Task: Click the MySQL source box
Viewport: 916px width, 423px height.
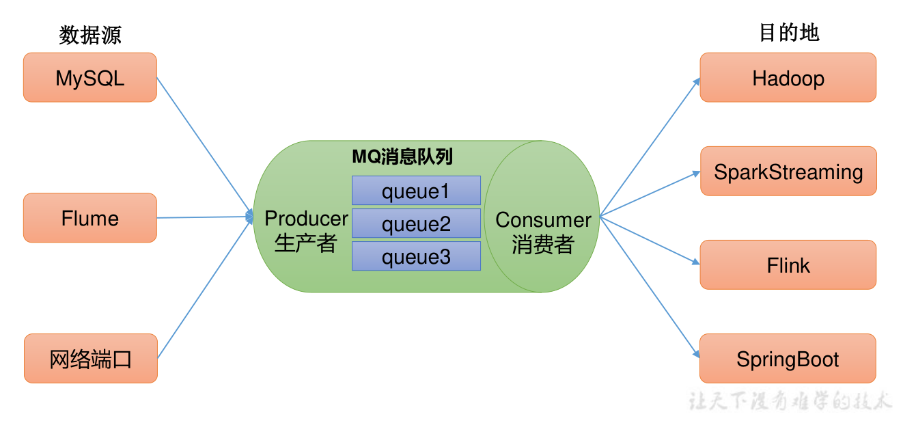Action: [x=90, y=78]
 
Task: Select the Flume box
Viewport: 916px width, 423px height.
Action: [x=90, y=218]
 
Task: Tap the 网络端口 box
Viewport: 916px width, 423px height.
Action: [x=90, y=359]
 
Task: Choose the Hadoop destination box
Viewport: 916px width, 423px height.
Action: [x=788, y=78]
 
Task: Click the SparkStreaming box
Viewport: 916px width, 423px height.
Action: [x=788, y=172]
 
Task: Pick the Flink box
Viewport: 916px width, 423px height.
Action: [x=788, y=265]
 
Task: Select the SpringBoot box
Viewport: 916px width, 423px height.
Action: [x=788, y=359]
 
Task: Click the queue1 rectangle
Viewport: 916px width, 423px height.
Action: [x=416, y=191]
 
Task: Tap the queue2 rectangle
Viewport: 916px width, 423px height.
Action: [x=416, y=223]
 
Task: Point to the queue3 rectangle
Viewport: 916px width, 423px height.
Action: [x=416, y=256]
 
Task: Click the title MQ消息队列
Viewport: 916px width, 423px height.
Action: [x=402, y=157]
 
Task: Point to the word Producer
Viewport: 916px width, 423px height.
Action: [x=306, y=219]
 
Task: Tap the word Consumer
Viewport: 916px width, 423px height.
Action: [x=543, y=220]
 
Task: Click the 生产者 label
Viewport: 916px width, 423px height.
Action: [x=306, y=243]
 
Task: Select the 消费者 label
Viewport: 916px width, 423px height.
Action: [x=543, y=245]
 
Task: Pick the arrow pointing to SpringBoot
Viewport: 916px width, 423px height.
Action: [x=650, y=287]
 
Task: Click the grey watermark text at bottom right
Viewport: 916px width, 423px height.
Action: [x=790, y=400]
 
